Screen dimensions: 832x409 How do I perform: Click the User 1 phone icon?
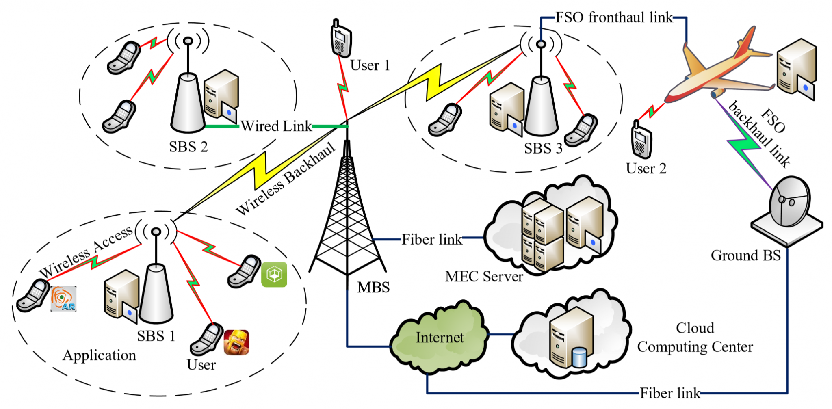[340, 38]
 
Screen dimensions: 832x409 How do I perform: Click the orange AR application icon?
[63, 299]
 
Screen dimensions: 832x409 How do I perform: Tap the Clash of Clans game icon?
[236, 342]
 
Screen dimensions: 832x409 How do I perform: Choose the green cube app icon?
[274, 275]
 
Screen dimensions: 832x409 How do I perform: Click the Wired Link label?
[276, 126]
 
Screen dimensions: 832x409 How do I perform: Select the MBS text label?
[373, 287]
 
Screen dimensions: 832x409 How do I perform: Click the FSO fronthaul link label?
[614, 17]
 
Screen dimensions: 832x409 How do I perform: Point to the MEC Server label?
[484, 277]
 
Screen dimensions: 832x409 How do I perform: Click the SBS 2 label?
[188, 147]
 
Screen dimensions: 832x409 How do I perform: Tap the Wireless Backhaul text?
[286, 179]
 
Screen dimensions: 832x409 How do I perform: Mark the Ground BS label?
[746, 255]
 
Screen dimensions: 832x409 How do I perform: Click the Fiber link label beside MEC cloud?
[432, 240]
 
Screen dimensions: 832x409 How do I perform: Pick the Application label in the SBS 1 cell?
[100, 356]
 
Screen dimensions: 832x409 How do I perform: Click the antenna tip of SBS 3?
[541, 43]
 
